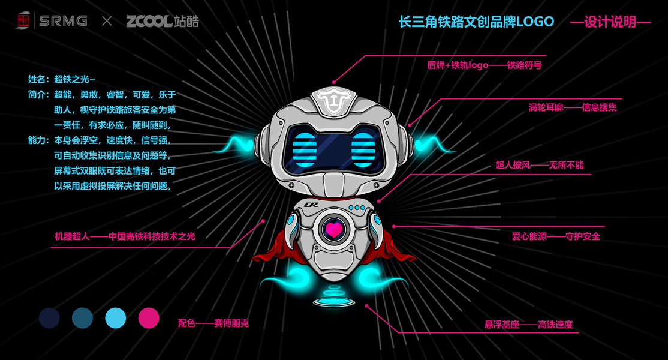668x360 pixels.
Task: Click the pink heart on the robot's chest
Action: pos(333,230)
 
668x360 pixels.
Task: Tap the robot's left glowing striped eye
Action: pos(304,149)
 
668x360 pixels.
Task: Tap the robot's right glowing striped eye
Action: pos(363,149)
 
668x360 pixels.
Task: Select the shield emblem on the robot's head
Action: pos(334,100)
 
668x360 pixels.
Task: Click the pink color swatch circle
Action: pos(149,318)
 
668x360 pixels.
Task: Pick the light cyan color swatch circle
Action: pos(116,318)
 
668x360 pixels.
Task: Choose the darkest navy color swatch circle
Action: pos(49,318)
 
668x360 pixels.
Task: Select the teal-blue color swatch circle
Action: pos(82,318)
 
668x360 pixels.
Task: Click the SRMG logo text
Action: pos(63,21)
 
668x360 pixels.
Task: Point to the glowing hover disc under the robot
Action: pos(334,302)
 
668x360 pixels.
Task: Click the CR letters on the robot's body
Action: pos(311,205)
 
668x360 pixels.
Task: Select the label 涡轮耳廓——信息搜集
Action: pos(573,107)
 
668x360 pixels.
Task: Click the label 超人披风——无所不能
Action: pos(539,165)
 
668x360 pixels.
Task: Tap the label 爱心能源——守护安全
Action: pos(556,236)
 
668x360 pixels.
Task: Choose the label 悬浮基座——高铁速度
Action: pos(529,325)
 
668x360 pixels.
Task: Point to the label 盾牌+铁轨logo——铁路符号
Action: pos(485,65)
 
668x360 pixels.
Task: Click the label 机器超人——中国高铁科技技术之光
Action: pos(125,236)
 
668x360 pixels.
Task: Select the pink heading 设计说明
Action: pos(610,22)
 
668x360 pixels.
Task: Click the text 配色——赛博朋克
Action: pos(213,323)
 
